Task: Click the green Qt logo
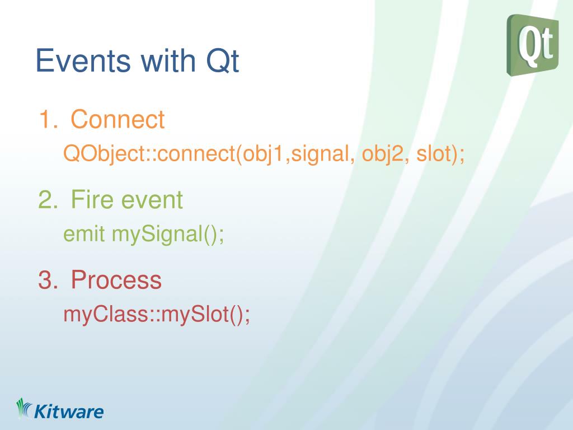(533, 45)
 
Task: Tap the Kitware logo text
(69, 412)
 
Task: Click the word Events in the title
(83, 60)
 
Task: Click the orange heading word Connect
(118, 119)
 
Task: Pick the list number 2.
(48, 200)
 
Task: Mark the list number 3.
(48, 280)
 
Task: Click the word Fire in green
(93, 200)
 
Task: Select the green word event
(152, 200)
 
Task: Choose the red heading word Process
(116, 280)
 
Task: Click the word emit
(84, 233)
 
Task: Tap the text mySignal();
(168, 235)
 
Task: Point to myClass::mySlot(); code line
(157, 315)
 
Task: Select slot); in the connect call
(440, 153)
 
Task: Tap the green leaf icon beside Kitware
(24, 408)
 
